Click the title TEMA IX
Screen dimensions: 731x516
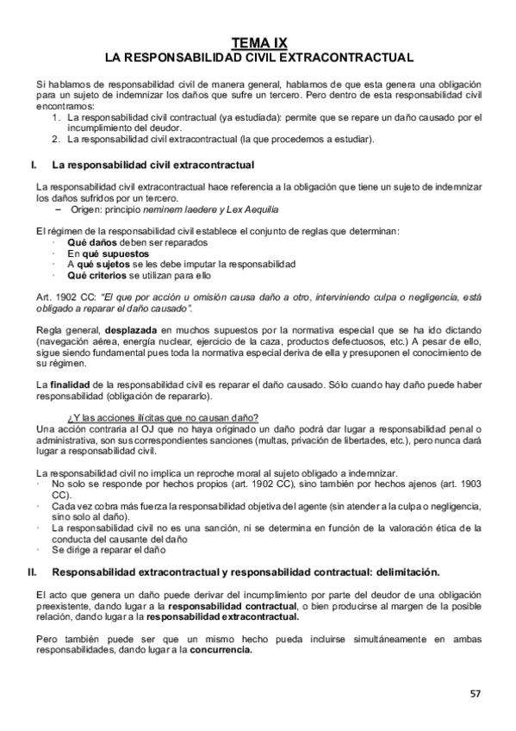tap(258, 42)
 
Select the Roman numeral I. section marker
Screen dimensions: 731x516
tap(33, 164)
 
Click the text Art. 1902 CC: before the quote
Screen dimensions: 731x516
tap(65, 296)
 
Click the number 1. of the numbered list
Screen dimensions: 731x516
tap(56, 116)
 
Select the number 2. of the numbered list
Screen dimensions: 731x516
tap(56, 138)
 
